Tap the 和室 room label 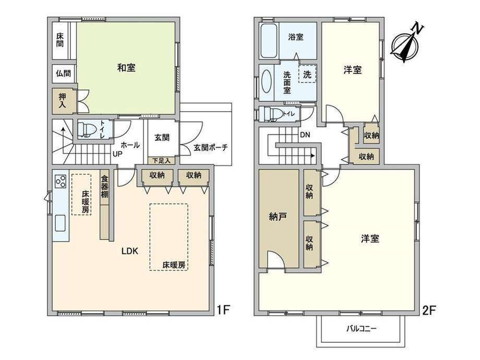(x=126, y=68)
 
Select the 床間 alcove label (x=60, y=40)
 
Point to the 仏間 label (x=63, y=74)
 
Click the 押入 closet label (x=62, y=101)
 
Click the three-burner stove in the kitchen (x=60, y=181)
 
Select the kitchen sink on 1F (x=60, y=223)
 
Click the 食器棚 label (x=105, y=187)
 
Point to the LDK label (x=130, y=251)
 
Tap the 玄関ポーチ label (x=211, y=147)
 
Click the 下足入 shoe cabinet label (x=161, y=160)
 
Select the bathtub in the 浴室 (x=269, y=41)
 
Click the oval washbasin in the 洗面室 (x=266, y=81)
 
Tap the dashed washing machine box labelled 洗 (x=307, y=75)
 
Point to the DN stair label (x=305, y=135)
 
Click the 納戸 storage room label (x=278, y=218)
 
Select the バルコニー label (x=362, y=329)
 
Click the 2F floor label (x=429, y=311)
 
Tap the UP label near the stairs (x=117, y=154)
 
